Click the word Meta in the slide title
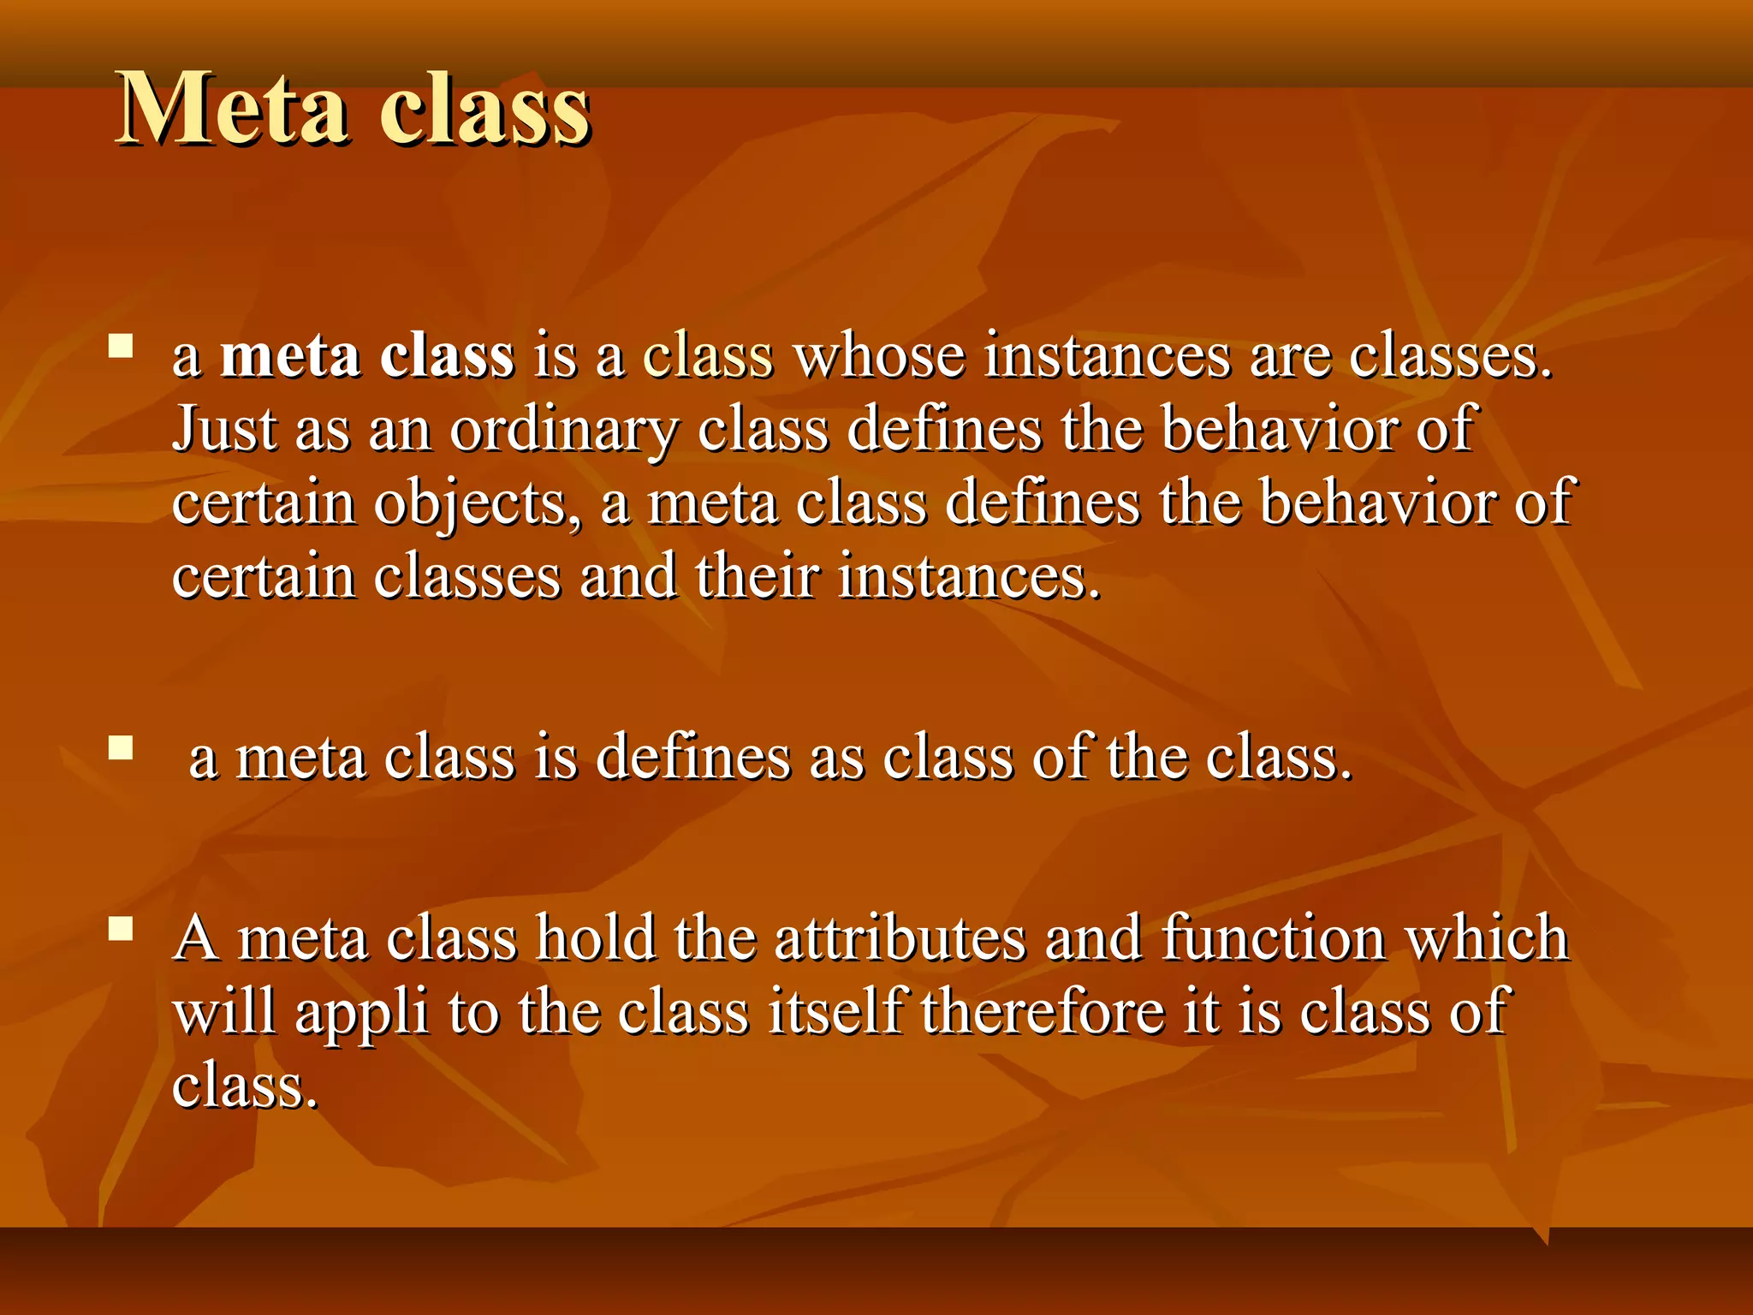[x=233, y=110]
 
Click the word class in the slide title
[x=484, y=111]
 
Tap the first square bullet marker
[x=121, y=346]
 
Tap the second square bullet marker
[x=121, y=748]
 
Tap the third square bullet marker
[x=121, y=929]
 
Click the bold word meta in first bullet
[x=290, y=355]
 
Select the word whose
[x=879, y=355]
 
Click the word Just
[x=224, y=428]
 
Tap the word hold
[x=596, y=937]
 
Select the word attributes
[x=900, y=937]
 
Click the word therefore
[x=1043, y=1011]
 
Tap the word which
[x=1488, y=937]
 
